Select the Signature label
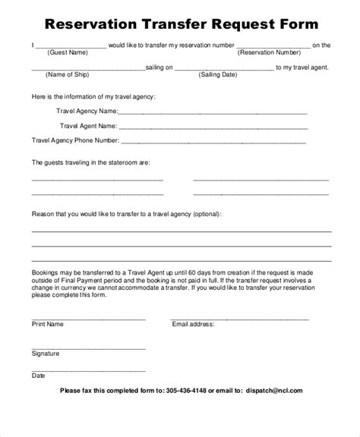46,354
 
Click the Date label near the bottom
38,375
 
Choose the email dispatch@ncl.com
274,391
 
